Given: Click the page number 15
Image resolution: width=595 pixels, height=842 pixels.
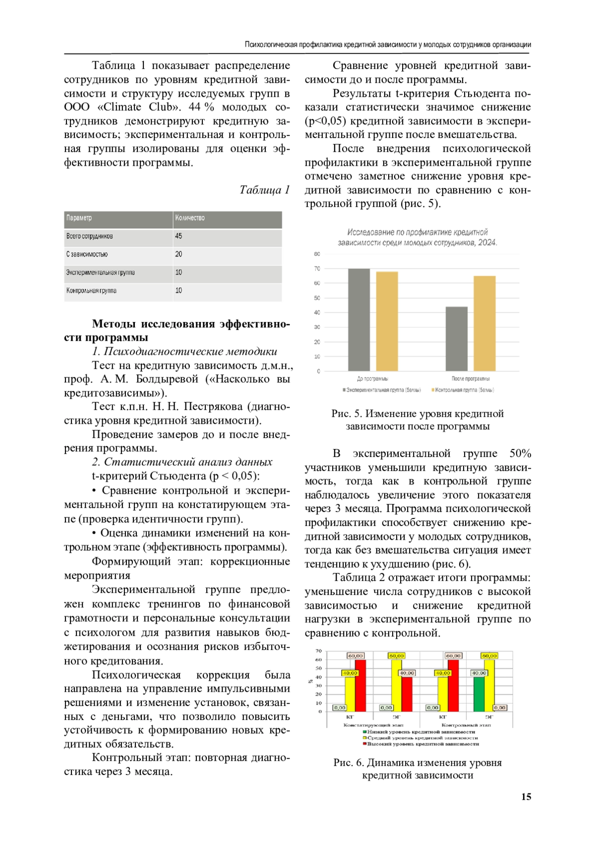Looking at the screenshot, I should point(526,797).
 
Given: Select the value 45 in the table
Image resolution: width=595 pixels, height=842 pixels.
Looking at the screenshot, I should point(178,236).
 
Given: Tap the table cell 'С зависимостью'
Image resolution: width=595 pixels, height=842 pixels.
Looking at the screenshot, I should point(87,255).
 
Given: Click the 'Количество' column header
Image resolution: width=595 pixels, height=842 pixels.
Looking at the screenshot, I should point(190,218).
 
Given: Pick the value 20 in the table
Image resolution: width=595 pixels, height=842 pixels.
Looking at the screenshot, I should point(178,255).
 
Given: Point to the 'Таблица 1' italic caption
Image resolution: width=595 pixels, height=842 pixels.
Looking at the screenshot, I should point(264,190).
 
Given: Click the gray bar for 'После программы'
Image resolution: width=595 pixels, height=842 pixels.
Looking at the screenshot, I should point(456,338).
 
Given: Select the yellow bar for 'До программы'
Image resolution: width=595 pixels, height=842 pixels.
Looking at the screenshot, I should point(387,321).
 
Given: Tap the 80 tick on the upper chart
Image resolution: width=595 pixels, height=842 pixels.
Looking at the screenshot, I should point(317,254).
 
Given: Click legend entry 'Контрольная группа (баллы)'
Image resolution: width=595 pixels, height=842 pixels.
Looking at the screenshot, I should point(464,390).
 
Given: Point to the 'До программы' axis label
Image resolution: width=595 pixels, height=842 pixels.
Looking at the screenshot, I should point(372,379).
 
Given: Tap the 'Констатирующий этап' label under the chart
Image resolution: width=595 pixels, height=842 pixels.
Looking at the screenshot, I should point(373,725).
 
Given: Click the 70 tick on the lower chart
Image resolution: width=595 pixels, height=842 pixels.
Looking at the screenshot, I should point(319,651).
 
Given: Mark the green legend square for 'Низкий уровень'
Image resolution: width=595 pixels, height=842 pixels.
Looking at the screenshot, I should point(365,732).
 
